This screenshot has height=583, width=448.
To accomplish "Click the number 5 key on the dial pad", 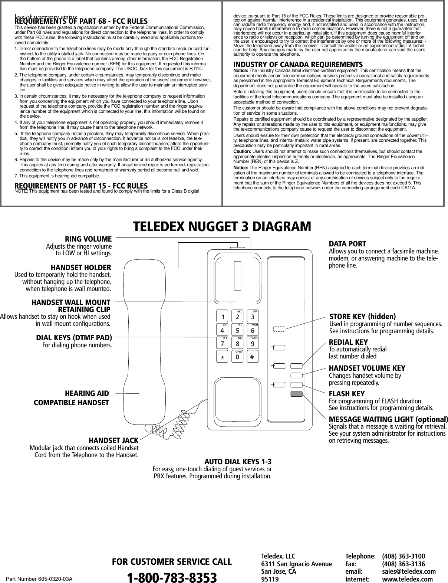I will coord(237,330).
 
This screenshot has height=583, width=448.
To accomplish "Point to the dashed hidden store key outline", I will coord(279,328).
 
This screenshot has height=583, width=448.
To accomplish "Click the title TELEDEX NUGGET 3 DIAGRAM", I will coord(222,226).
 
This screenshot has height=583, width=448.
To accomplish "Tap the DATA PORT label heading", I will coord(347,244).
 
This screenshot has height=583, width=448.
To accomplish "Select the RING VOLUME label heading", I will coord(88,239).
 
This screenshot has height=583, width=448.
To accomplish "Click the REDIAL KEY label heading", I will coord(348,342).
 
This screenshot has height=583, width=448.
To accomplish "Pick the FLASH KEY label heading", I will coord(347,393).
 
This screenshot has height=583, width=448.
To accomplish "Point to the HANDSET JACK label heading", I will coord(113,440).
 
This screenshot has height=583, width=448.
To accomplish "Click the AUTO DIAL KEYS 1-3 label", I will coord(238,462).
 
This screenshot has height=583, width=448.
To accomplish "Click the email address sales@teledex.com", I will coord(409,571).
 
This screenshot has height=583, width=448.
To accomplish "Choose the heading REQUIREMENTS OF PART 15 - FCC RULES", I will coord(81,185).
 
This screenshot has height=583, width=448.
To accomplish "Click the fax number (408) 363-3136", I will coord(403,564).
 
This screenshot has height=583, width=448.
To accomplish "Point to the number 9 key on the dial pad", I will coord(252,343).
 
